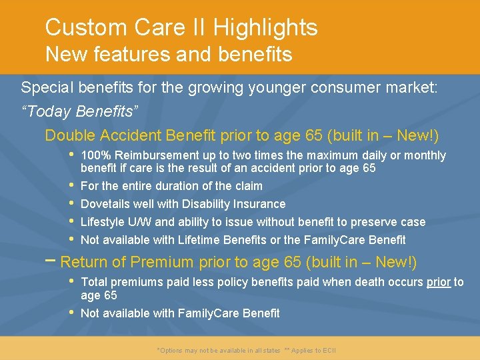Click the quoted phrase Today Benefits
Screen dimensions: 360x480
point(81,111)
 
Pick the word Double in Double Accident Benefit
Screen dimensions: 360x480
point(70,135)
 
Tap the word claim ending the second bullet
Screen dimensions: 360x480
point(247,186)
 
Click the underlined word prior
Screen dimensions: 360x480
point(439,282)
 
